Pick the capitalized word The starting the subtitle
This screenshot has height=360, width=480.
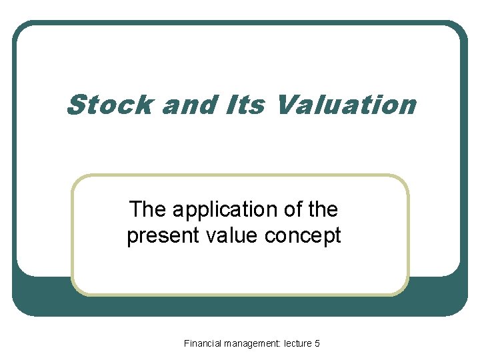149,210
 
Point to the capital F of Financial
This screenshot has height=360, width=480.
187,343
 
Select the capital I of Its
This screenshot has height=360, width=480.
239,105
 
